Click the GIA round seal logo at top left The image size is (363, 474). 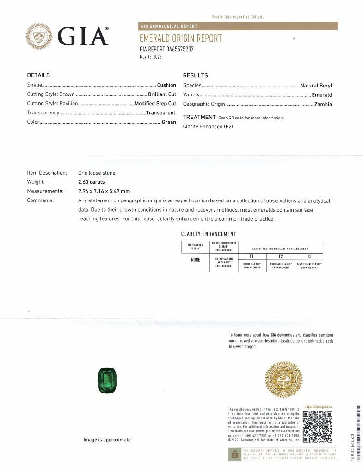39,36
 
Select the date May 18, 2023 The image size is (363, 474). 150,57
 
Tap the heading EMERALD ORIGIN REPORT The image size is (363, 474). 181,38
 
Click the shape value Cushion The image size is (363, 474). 166,85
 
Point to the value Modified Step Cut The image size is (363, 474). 155,104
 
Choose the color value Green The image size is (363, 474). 169,122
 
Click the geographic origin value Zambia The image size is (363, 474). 323,104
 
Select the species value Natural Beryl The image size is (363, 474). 316,86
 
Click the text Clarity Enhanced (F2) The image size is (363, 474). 203,126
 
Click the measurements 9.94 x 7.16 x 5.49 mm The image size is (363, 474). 104,191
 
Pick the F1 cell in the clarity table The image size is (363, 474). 252,256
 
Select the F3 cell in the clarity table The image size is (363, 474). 309,256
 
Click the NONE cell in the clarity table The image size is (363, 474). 196,260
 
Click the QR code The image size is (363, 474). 320,426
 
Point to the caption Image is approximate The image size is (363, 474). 107,440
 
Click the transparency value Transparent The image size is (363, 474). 160,113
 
